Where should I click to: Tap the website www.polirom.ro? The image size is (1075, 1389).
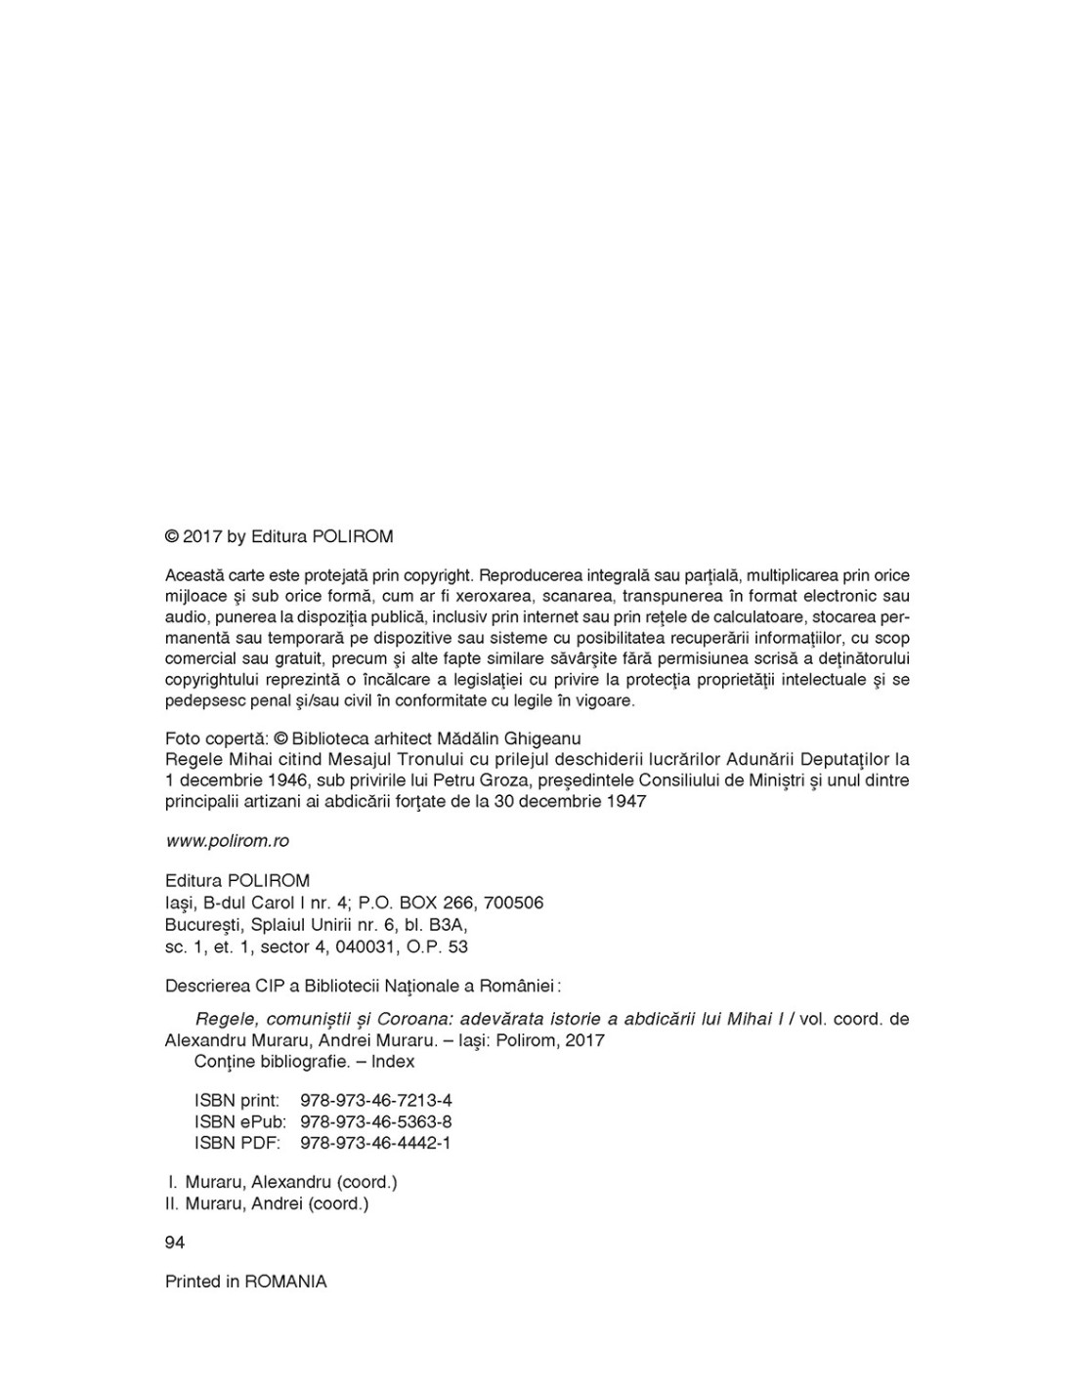(x=227, y=841)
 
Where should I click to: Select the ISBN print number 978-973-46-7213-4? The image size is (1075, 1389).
(x=376, y=1101)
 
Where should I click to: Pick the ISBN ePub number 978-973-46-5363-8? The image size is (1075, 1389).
(x=376, y=1122)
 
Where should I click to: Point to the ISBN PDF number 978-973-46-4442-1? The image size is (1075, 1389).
(x=376, y=1143)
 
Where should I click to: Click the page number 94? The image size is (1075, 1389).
(x=175, y=1242)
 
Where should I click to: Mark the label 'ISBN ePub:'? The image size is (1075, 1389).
(x=239, y=1122)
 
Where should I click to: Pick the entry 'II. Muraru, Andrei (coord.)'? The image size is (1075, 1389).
(x=268, y=1203)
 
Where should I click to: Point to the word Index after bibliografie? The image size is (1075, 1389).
(x=393, y=1062)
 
